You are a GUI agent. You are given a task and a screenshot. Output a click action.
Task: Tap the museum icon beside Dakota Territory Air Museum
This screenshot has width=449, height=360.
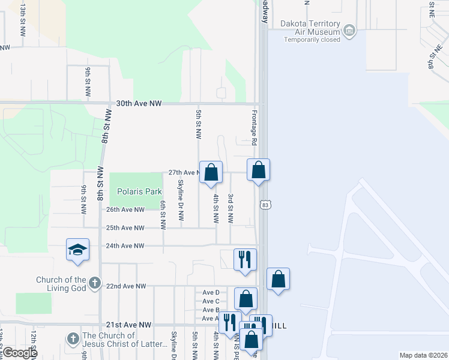coord(349,29)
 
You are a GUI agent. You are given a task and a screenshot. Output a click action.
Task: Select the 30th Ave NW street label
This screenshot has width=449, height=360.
coord(139,103)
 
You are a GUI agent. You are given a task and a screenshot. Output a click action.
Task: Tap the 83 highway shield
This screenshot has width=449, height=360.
coord(265,205)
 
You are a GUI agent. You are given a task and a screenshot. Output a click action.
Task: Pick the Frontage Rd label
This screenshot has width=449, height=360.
coord(254,131)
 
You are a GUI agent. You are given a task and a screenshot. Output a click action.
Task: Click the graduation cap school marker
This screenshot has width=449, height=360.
coord(77,249)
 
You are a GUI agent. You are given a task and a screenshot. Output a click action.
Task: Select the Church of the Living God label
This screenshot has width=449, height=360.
coord(61,283)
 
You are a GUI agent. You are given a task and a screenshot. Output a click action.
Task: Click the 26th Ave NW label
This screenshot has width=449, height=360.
coord(125,209)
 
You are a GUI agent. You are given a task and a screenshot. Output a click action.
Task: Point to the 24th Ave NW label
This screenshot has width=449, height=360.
coord(125,245)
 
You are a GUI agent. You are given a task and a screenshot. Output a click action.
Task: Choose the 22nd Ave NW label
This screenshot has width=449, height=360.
coord(125,286)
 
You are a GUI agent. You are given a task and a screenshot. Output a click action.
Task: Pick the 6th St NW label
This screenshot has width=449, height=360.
coord(163,214)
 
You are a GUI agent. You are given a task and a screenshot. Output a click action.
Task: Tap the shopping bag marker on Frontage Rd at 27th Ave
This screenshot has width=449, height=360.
coord(258,170)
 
